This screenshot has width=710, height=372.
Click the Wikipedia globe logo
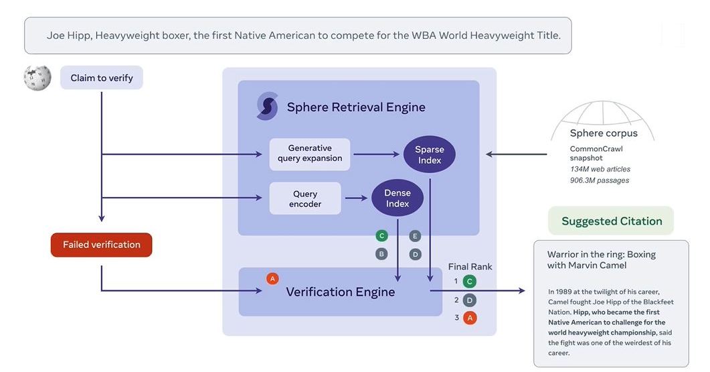(37, 78)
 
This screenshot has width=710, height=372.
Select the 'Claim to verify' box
(102, 78)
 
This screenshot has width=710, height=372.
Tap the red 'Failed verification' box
(102, 245)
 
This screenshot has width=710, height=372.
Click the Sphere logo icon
(267, 107)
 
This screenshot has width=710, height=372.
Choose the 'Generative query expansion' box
(310, 153)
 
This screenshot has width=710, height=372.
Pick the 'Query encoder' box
(305, 198)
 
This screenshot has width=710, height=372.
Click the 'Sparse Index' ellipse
(429, 155)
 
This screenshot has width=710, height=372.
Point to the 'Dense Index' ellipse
(397, 198)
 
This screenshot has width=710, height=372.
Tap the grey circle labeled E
(415, 236)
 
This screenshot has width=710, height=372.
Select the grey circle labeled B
(381, 254)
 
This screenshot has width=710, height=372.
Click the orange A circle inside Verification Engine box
(272, 278)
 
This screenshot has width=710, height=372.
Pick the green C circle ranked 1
(470, 282)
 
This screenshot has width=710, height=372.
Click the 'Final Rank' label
(470, 266)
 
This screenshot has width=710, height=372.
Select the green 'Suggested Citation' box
(611, 221)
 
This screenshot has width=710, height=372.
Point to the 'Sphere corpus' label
(604, 133)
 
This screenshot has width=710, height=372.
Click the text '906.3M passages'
(600, 180)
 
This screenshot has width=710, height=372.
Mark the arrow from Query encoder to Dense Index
(356, 198)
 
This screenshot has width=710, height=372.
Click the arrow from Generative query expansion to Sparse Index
(377, 155)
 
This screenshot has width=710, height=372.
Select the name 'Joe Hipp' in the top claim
(68, 36)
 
